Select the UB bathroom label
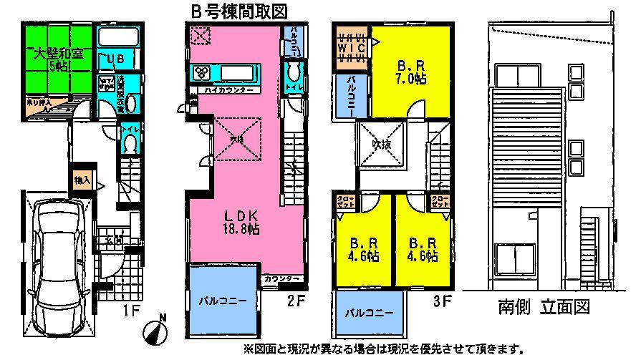pos(117,59)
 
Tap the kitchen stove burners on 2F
pos(200,73)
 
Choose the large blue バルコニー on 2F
pos(223,299)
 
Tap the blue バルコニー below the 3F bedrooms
pos(368,313)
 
